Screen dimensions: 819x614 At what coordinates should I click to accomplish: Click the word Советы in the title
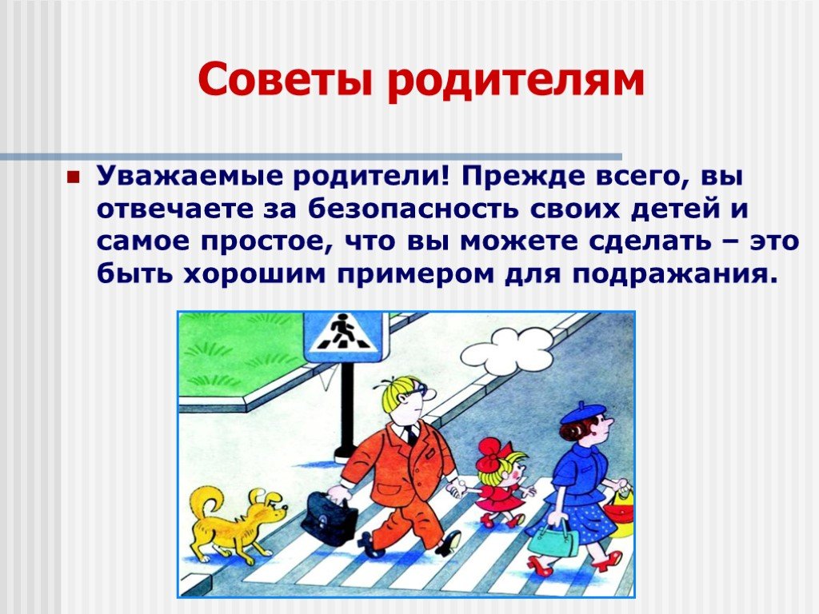click(286, 79)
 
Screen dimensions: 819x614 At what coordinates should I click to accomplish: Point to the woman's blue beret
click(580, 413)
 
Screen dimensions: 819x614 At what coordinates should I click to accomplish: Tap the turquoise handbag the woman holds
click(553, 538)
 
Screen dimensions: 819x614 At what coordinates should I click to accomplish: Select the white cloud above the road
click(506, 350)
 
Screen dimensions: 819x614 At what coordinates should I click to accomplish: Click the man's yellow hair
click(399, 394)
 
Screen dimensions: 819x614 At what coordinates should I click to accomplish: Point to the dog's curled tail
click(205, 502)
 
